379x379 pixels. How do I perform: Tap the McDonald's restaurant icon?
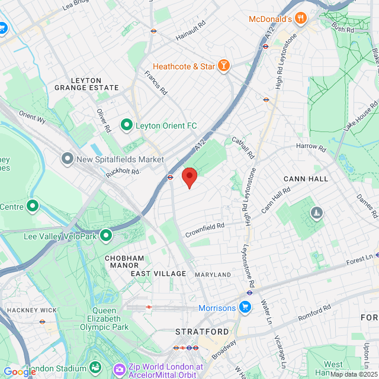[301, 18]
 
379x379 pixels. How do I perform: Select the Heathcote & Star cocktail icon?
[224, 66]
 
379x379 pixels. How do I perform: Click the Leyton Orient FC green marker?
[126, 125]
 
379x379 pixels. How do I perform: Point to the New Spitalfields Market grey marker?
[67, 159]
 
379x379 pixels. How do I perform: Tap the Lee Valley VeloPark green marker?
[107, 235]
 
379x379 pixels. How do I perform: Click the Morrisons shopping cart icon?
[245, 307]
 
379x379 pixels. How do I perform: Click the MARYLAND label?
[213, 275]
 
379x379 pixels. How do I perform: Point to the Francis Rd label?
[156, 83]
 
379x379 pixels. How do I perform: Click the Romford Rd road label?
[314, 314]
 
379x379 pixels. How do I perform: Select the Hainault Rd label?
[190, 31]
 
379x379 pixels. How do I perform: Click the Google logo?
[20, 371]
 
